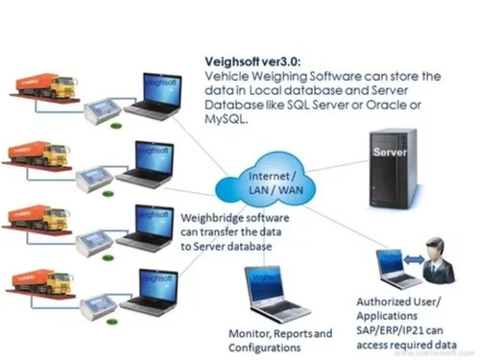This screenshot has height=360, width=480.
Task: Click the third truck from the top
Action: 43,218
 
